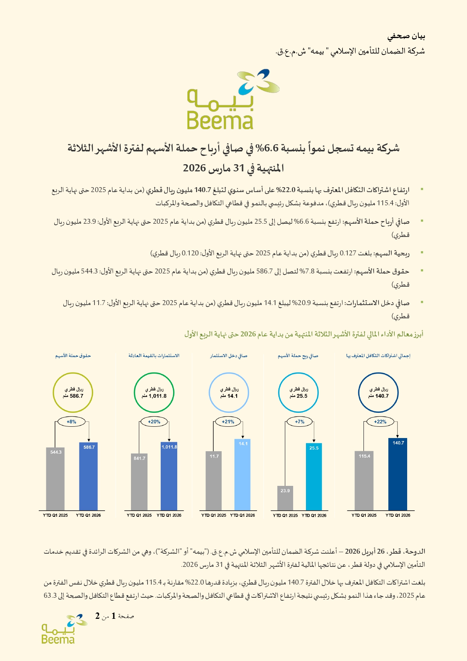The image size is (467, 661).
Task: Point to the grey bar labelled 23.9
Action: coord(285,498)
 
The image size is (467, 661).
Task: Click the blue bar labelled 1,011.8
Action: coord(169,476)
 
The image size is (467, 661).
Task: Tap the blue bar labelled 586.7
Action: coord(89,476)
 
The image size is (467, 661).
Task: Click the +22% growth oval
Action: coord(380,422)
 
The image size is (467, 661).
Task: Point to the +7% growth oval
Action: coord(300,422)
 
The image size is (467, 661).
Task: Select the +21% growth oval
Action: coord(228,422)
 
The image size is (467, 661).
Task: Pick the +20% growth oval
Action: coord(154,422)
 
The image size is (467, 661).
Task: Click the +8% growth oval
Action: coord(71,422)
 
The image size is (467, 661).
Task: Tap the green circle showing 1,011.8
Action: coord(154,392)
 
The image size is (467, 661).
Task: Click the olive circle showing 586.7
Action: coord(73,392)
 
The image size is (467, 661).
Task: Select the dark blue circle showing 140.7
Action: coord(378,392)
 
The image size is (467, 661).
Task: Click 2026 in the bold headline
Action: coord(194,168)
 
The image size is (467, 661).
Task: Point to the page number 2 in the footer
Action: coord(97,616)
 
